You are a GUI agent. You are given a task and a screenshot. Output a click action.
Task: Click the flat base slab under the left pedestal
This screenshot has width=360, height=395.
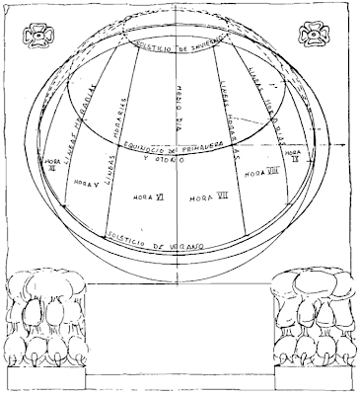tap(45, 377)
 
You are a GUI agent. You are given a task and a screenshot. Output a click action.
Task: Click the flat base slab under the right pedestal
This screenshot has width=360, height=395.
tap(314, 377)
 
